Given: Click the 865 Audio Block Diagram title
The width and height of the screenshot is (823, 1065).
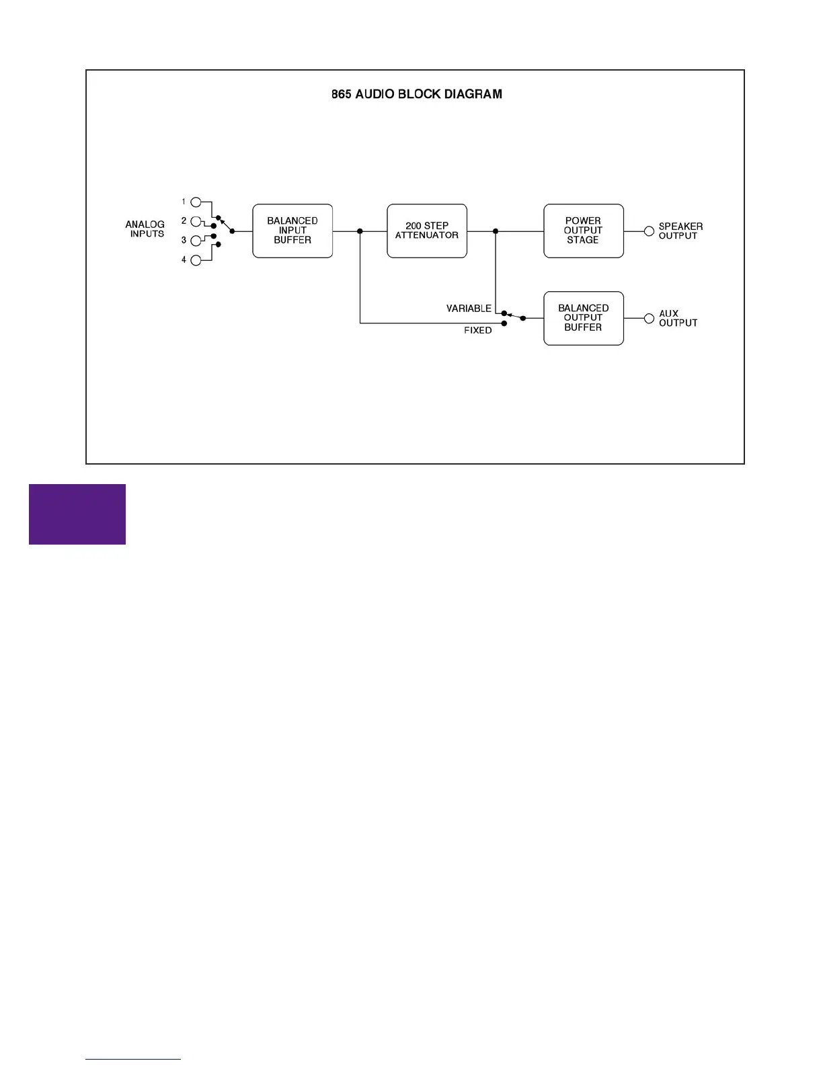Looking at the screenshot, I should coord(416,94).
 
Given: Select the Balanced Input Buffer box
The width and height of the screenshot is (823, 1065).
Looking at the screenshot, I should coord(292,231).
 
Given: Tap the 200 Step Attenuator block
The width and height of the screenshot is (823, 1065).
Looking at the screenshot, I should coord(427,231).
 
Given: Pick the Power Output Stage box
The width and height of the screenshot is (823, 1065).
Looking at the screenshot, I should coord(583,231).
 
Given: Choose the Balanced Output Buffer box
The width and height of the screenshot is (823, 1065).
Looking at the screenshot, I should coord(583,318).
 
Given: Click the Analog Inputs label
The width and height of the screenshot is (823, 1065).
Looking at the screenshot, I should coord(145,229).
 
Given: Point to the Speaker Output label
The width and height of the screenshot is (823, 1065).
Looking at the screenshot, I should coord(680,231).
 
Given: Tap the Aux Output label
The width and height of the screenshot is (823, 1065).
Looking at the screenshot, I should coord(678,318).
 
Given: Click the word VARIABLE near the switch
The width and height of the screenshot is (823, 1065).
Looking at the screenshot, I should coord(469,309).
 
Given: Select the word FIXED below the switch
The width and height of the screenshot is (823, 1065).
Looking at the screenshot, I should coord(477,330).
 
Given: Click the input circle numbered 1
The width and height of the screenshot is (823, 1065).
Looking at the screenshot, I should coord(196,202).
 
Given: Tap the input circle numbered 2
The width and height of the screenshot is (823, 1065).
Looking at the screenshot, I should coord(196,221).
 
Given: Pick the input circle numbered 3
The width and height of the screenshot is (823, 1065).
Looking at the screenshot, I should coord(196,241).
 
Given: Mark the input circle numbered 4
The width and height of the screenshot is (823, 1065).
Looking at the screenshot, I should coord(196,260).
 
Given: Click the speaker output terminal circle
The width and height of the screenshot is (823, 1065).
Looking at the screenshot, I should coord(649,231).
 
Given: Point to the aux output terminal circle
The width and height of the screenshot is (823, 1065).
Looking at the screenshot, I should coord(649,318).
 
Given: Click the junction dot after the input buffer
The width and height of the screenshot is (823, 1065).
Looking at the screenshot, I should coord(360,231).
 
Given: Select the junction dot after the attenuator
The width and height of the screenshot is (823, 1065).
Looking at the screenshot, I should coord(496,231).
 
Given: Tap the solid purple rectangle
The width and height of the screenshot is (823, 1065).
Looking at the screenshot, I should coord(77,514).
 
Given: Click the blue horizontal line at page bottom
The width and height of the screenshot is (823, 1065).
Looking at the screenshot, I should coord(133,1059).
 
